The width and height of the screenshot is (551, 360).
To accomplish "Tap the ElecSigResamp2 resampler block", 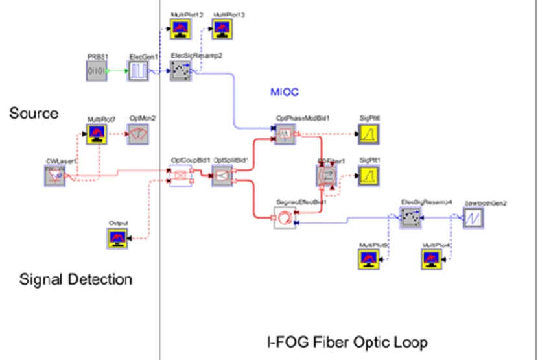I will click(x=180, y=71).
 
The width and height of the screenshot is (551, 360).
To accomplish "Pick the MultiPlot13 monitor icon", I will click(x=222, y=27).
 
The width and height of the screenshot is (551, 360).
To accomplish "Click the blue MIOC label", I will click(x=284, y=93).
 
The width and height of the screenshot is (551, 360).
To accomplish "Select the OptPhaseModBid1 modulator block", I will click(x=285, y=134).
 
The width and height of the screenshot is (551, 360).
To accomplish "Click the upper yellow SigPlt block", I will click(x=369, y=134).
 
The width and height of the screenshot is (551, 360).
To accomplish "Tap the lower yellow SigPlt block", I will click(x=369, y=175).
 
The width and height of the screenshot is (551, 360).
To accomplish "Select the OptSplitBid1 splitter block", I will click(x=222, y=175).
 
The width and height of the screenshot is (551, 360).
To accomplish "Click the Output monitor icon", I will click(x=119, y=239).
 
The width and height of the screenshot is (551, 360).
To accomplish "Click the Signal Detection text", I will click(x=76, y=280).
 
